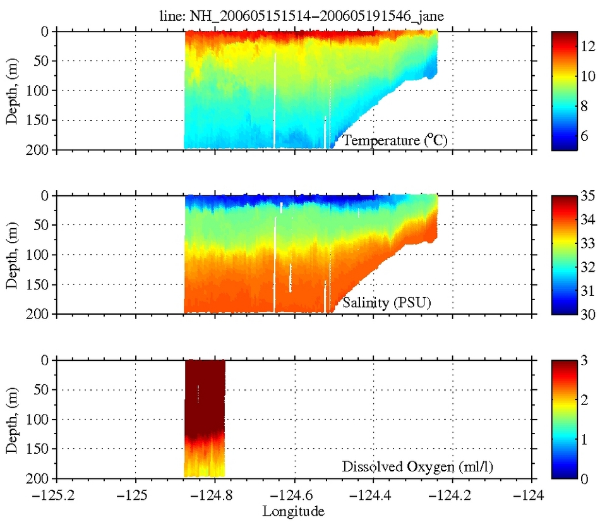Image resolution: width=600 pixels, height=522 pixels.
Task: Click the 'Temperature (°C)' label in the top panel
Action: pyautogui.click(x=395, y=140)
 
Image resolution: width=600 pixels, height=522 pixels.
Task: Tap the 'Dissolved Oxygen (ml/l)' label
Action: pyautogui.click(x=417, y=468)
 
